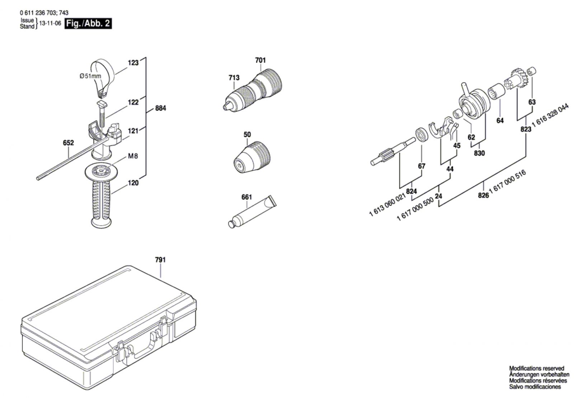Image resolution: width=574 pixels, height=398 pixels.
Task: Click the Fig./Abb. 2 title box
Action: [x=88, y=24]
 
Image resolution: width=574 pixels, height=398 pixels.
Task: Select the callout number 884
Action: [x=160, y=108]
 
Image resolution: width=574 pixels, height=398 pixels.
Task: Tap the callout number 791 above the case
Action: [x=160, y=259]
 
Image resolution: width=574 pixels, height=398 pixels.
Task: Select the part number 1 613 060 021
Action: [x=387, y=205]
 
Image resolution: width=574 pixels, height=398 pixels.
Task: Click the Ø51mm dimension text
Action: [x=90, y=76]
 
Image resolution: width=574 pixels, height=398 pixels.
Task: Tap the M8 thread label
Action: [x=133, y=156]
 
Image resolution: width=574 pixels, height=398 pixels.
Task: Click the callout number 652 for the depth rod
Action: [x=68, y=143]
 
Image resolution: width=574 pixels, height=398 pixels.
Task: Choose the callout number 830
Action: [x=479, y=153]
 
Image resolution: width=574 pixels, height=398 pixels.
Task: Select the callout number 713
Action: [x=234, y=78]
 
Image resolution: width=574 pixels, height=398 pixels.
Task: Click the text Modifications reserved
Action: [x=537, y=368]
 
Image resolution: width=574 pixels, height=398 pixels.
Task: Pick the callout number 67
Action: [x=422, y=166]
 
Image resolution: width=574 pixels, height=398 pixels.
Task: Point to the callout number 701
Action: [x=260, y=60]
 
